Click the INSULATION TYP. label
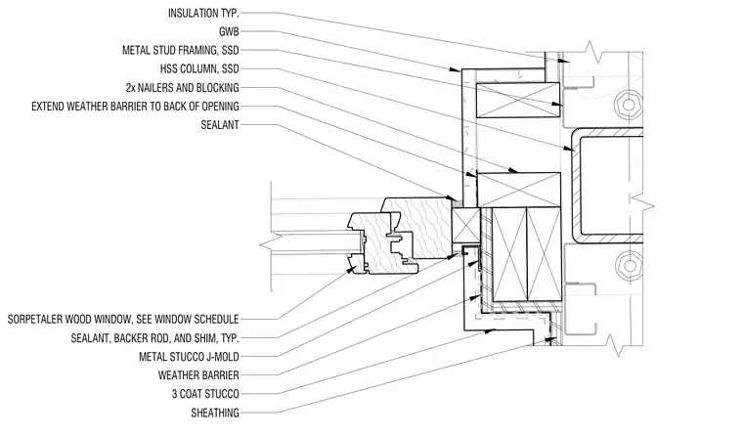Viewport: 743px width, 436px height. (x=203, y=14)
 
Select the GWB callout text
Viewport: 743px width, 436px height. (x=229, y=31)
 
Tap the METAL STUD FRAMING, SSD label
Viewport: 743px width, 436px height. (x=181, y=50)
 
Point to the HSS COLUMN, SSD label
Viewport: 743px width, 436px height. (x=199, y=69)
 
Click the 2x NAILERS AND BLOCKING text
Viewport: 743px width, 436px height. (x=183, y=88)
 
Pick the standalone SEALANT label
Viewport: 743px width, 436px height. (x=220, y=125)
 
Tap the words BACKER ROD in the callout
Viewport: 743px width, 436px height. (x=136, y=338)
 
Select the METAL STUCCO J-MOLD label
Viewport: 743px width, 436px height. (x=189, y=357)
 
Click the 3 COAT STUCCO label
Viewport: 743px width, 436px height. (x=205, y=394)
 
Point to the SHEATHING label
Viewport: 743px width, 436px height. (x=215, y=413)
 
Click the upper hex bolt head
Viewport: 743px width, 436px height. (x=629, y=105)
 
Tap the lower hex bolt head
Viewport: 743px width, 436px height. (x=629, y=265)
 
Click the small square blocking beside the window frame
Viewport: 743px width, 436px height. (x=465, y=225)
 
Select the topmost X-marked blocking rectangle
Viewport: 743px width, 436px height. (x=518, y=100)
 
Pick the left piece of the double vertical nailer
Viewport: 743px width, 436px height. (x=510, y=254)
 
